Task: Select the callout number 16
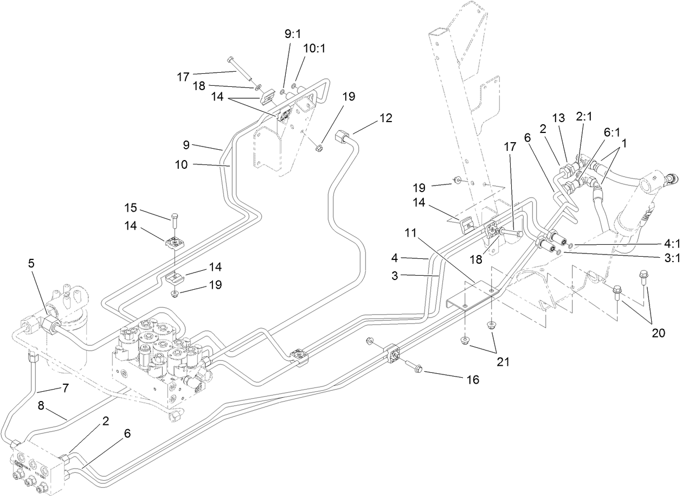click(473, 379)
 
